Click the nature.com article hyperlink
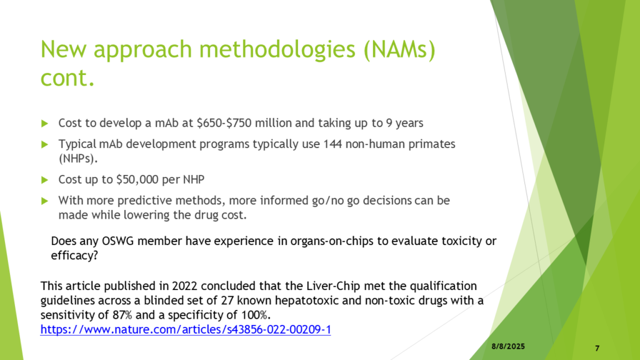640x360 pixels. point(185,329)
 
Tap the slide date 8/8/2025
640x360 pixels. point(508,346)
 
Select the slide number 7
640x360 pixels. point(597,348)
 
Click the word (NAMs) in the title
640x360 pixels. point(399,49)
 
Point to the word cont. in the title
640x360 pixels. point(67,77)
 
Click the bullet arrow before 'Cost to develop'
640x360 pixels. point(45,123)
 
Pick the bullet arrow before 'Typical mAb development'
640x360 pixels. point(45,144)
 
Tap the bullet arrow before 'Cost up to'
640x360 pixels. point(45,179)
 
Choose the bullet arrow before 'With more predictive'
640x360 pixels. point(45,201)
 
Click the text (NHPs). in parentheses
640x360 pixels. point(78,158)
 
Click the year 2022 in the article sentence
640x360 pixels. point(185,286)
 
